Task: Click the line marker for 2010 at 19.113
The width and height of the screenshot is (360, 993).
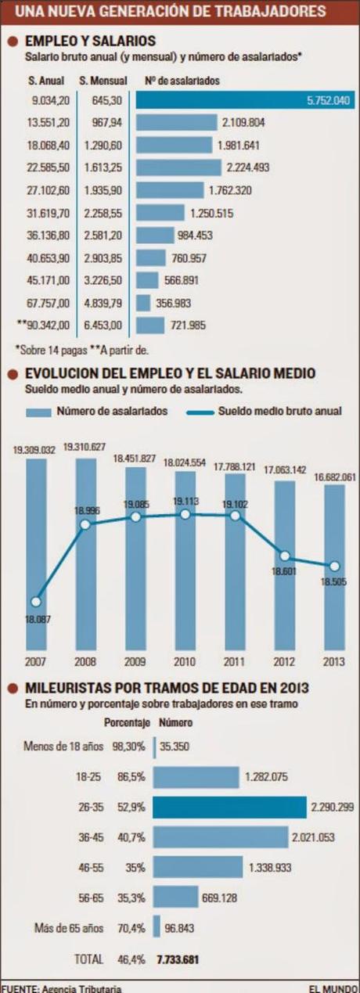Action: pos(185,514)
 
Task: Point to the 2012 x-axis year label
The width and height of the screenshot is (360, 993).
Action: pos(285,660)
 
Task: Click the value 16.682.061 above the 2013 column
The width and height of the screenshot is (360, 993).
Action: pos(334,476)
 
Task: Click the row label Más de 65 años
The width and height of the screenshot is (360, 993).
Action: pos(69,929)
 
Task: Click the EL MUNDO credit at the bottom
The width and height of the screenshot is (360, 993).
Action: pos(333,988)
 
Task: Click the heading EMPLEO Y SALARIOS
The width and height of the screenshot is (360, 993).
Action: pos(90,40)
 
